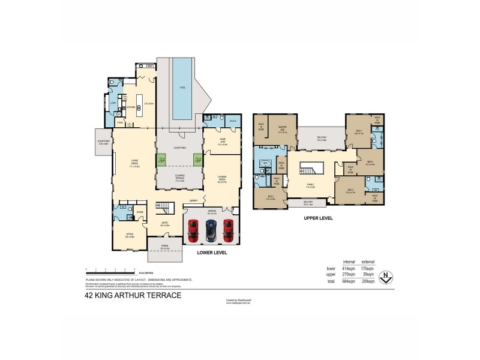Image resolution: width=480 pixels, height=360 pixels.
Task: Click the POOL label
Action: (182, 88)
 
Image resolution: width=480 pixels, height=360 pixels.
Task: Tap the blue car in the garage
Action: (211, 229)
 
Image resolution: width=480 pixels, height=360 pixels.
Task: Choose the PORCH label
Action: (165, 247)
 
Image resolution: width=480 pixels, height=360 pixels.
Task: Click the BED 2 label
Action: (270, 197)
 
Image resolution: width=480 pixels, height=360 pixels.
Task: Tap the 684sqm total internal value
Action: (348, 281)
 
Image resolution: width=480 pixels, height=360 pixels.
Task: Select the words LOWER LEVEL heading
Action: (211, 253)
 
